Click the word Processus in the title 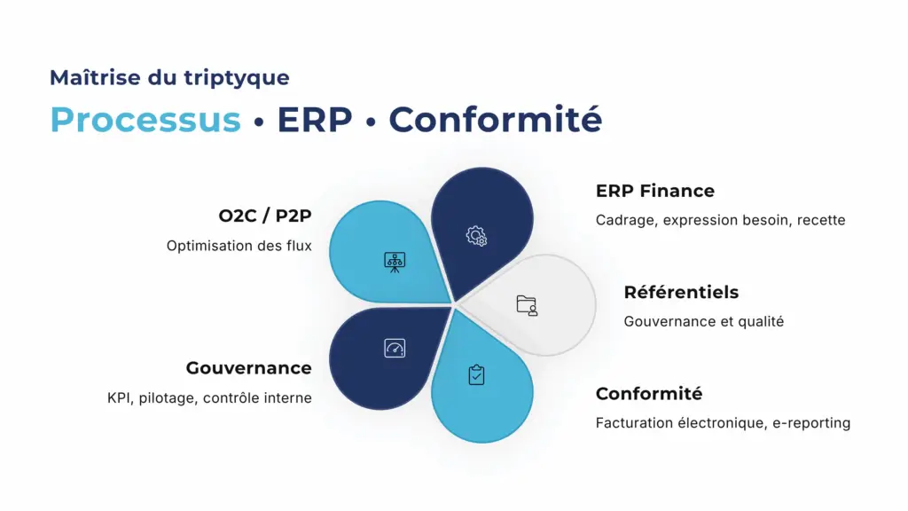point(145,120)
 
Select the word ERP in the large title point(315,120)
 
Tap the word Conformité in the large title point(496,119)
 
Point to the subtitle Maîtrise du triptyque point(169,78)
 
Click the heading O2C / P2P point(265,216)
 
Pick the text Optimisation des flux point(239,246)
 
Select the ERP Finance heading point(655,191)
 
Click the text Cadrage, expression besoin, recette point(720,220)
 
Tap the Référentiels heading point(681,292)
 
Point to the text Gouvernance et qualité point(703,321)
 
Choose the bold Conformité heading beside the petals point(649,393)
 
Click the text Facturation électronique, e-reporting point(723,423)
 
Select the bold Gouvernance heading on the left point(249,368)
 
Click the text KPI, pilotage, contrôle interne point(209,398)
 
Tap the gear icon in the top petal point(476,236)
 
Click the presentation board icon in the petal point(395,262)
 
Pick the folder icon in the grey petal point(527,305)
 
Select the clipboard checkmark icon point(476,375)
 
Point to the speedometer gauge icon point(395,348)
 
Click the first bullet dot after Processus point(259,122)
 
